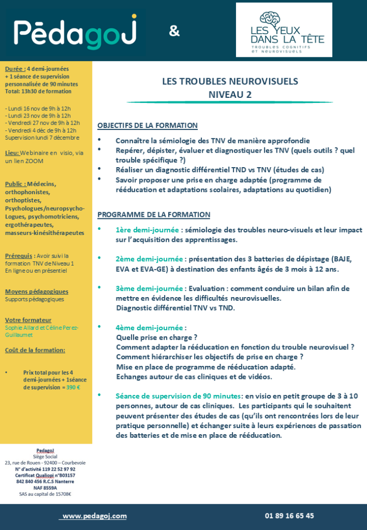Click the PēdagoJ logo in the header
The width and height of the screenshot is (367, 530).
coord(76,32)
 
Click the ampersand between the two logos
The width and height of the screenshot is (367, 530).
coord(174,32)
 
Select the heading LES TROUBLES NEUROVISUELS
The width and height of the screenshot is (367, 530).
coord(230,81)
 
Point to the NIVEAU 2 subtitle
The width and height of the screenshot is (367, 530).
coord(230,94)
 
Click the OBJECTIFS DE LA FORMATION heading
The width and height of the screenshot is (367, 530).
coord(148,126)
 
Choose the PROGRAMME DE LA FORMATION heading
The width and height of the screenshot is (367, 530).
coord(154,215)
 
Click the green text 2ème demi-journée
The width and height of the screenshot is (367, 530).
coord(150,259)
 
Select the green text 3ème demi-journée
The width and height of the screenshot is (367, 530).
coord(150,288)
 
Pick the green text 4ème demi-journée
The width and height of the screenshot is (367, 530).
coord(150,328)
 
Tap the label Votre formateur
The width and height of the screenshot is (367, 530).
coord(28,320)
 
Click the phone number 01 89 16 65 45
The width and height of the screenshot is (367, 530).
coord(289,516)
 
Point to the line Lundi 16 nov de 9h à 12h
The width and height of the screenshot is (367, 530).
coord(38,109)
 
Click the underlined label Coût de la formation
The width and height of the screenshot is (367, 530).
coord(35,350)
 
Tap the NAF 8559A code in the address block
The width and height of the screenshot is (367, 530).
coord(46,488)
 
